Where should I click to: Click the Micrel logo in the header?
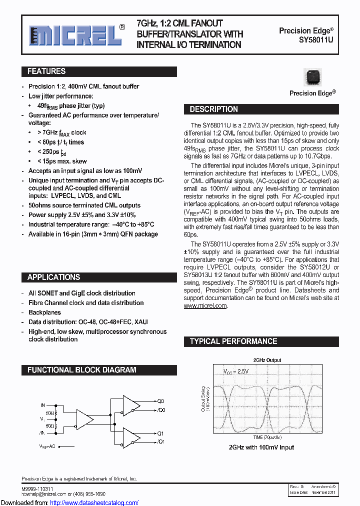pyautogui.click(x=75, y=35)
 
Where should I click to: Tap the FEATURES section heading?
pyautogui.click(x=46, y=71)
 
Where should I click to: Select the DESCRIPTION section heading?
pyautogui.click(x=213, y=109)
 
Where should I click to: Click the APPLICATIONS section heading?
pyautogui.click(x=53, y=277)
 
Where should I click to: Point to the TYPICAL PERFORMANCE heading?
pyautogui.click(x=233, y=341)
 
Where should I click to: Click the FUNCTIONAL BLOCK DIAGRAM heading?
pyautogui.click(x=81, y=370)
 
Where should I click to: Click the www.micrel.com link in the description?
pyautogui.click(x=205, y=305)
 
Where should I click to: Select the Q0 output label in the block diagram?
pyautogui.click(x=160, y=401)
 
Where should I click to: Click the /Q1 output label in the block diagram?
pyautogui.click(x=160, y=442)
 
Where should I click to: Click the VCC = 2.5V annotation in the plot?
pyautogui.click(x=236, y=371)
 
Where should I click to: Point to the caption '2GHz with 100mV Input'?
pyautogui.click(x=261, y=447)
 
